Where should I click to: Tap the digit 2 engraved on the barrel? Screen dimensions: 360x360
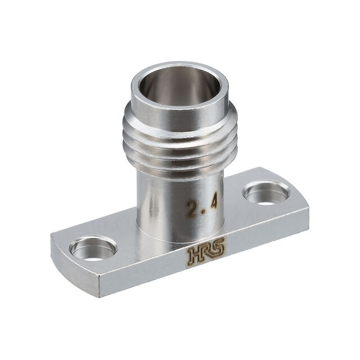pos(192,209)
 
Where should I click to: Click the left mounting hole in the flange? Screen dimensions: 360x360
pos(93,248)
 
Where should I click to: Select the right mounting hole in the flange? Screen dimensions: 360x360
pos(266,192)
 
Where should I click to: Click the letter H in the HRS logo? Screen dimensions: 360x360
pos(195,256)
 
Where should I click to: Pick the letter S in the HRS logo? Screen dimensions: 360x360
pos(218,249)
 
